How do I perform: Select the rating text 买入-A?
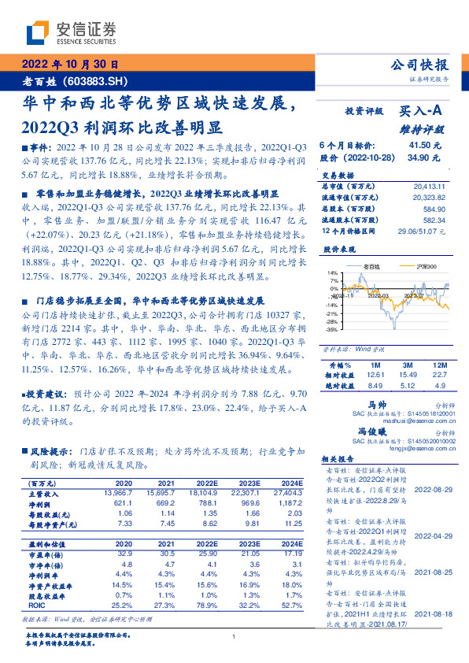click(x=424, y=112)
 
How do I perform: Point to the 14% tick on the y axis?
click(x=334, y=272)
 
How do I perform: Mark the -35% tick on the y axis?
click(x=332, y=331)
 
